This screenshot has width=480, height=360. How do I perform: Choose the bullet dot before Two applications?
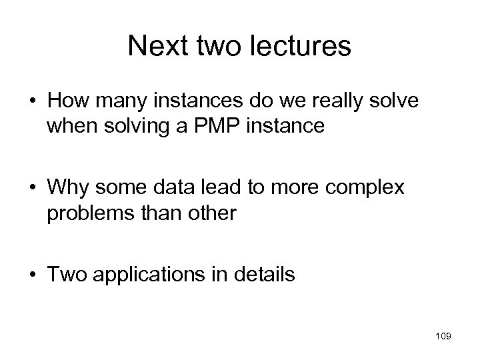point(33,275)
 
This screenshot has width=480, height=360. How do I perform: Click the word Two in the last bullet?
point(64,275)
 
